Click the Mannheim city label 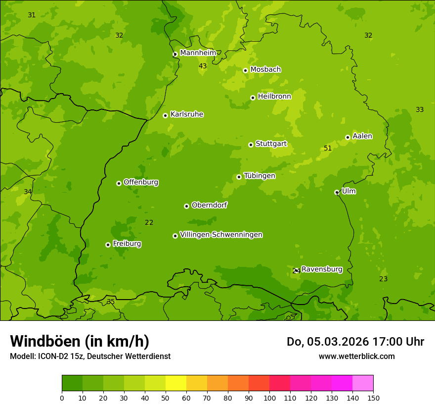click(x=198, y=53)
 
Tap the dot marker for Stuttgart click(x=251, y=145)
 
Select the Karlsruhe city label click(x=186, y=114)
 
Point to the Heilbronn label click(x=274, y=97)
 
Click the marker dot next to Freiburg click(x=108, y=245)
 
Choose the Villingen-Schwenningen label click(x=221, y=235)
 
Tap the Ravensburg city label click(x=322, y=269)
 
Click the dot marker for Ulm click(x=337, y=192)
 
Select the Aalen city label click(x=362, y=136)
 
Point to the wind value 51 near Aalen click(x=328, y=148)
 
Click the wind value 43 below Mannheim click(x=203, y=66)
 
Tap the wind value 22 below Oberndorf click(x=149, y=222)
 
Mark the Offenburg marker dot click(x=119, y=183)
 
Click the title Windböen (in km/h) click(x=80, y=341)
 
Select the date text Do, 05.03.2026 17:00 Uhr click(x=355, y=342)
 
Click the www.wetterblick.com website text click(x=356, y=356)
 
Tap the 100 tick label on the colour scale click(x=269, y=398)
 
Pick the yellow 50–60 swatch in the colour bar click(x=176, y=383)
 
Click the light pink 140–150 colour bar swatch click(x=363, y=383)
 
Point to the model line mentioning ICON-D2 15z click(x=90, y=356)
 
